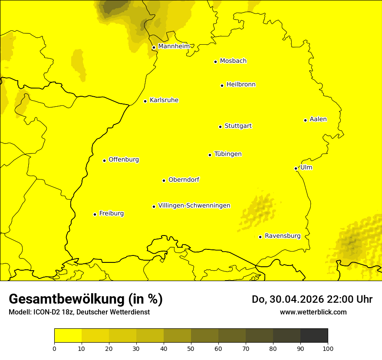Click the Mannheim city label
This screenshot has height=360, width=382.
point(174,46)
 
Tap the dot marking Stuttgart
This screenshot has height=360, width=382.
point(220,127)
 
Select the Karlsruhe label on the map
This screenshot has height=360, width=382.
point(164,100)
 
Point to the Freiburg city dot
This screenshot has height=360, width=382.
point(95,214)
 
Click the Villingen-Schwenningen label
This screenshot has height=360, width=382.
point(194,206)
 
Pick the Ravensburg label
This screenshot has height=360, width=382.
point(283,236)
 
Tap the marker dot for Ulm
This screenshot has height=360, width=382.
point(296,168)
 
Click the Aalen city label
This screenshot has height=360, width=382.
point(318,119)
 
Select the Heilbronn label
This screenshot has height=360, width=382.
point(241,85)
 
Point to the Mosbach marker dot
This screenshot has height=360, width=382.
point(215,62)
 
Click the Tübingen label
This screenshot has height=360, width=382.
point(228,154)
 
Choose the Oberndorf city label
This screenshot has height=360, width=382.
point(184,180)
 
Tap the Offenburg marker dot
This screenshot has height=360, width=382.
point(104,160)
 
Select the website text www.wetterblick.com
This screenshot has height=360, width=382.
point(313,312)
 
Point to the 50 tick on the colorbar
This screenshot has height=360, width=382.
point(191,348)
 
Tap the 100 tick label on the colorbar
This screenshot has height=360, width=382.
point(328,348)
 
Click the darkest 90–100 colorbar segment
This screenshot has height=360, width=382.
point(314,335)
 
